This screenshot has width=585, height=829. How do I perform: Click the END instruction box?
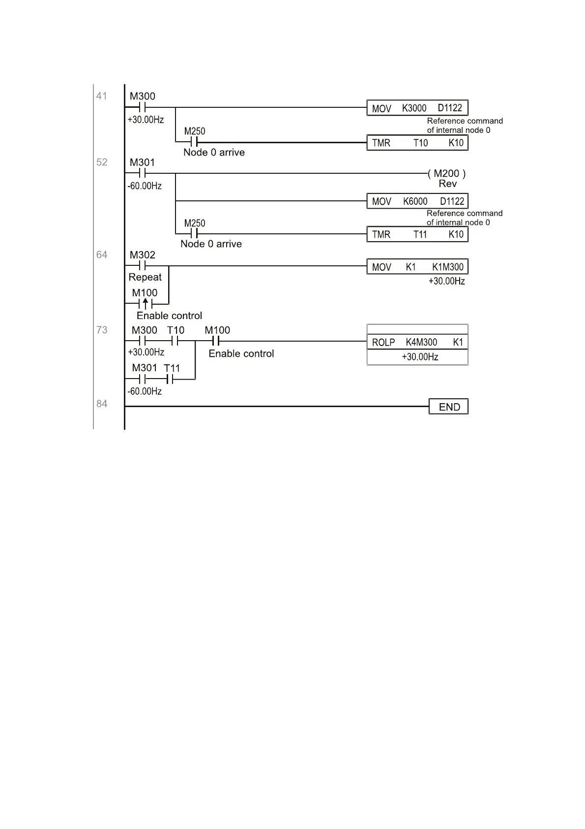448,407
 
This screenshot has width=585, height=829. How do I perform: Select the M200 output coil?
447,173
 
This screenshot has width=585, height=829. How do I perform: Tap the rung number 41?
102,96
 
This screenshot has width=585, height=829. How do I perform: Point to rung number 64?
102,255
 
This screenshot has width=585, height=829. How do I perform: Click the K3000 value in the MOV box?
414,108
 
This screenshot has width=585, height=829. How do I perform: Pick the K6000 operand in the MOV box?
415,201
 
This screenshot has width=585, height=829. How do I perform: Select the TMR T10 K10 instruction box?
417,143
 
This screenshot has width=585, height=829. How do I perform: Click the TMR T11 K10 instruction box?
417,234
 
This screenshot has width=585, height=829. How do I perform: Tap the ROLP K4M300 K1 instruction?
417,342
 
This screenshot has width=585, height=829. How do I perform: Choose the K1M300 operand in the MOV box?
448,267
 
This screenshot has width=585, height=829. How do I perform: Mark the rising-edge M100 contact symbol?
145,304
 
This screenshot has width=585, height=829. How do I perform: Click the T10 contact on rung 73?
175,341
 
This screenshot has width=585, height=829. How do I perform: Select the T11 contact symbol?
170,379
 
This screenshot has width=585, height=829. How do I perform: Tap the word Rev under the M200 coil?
447,184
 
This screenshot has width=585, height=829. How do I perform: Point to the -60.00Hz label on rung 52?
145,186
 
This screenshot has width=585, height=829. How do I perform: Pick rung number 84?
102,404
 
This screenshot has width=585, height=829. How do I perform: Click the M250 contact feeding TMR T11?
194,233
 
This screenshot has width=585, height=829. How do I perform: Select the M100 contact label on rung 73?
217,330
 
